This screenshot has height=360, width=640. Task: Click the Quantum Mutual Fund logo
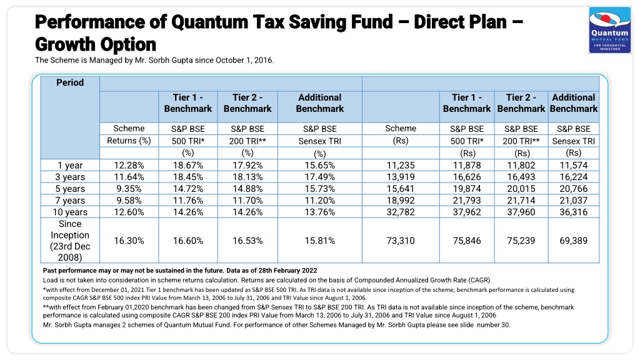click(x=610, y=30)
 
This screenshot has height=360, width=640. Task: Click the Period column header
click(x=70, y=82)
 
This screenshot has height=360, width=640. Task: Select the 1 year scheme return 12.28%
click(x=129, y=165)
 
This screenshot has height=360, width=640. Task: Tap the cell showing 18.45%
click(x=187, y=177)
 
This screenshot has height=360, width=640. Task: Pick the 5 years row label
click(x=70, y=189)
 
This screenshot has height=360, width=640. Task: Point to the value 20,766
click(x=574, y=189)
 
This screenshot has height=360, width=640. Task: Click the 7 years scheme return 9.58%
click(x=129, y=201)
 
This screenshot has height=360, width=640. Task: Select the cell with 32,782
click(x=401, y=212)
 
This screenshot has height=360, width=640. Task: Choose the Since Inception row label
click(x=70, y=241)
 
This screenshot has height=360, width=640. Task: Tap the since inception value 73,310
click(x=401, y=241)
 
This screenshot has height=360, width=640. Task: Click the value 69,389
click(x=574, y=241)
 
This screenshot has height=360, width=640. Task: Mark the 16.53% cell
click(x=247, y=241)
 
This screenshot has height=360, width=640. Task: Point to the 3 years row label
click(x=70, y=177)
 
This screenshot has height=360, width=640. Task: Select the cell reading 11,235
click(x=401, y=165)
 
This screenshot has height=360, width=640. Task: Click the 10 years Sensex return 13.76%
click(x=319, y=212)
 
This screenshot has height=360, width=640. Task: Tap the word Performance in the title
click(x=89, y=22)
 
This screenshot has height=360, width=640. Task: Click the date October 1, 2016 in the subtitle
click(x=244, y=61)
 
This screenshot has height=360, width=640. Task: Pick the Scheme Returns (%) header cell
click(x=129, y=135)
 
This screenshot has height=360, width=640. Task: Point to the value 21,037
click(x=574, y=201)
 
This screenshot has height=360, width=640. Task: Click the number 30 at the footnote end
click(x=504, y=325)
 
